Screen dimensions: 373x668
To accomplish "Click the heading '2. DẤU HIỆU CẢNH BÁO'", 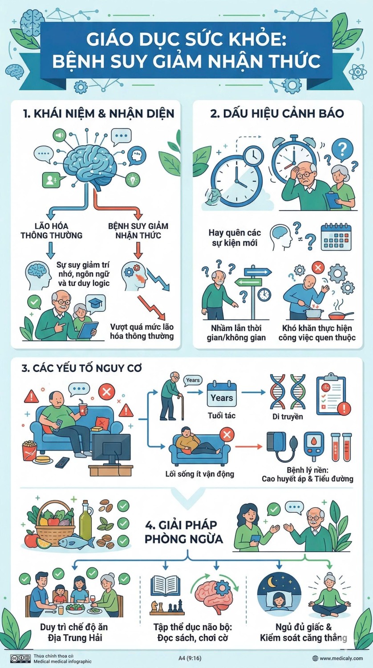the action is [277, 114].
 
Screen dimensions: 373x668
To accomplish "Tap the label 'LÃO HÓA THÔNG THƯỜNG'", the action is [51, 231].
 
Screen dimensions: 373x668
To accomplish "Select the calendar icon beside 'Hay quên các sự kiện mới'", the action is [336, 237].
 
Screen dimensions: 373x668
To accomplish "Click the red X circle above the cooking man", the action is [318, 267].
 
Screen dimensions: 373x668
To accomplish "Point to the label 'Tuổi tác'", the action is [222, 415].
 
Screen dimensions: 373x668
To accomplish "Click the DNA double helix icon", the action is [288, 391].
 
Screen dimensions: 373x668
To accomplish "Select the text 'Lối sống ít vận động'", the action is [200, 474].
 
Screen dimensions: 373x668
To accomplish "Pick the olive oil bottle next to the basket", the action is [86, 520].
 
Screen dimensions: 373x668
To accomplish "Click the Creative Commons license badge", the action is [20, 658].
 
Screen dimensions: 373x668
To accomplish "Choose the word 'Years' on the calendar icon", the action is [222, 398].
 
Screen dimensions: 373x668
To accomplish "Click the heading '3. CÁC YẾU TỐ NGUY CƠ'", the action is [81, 368].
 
